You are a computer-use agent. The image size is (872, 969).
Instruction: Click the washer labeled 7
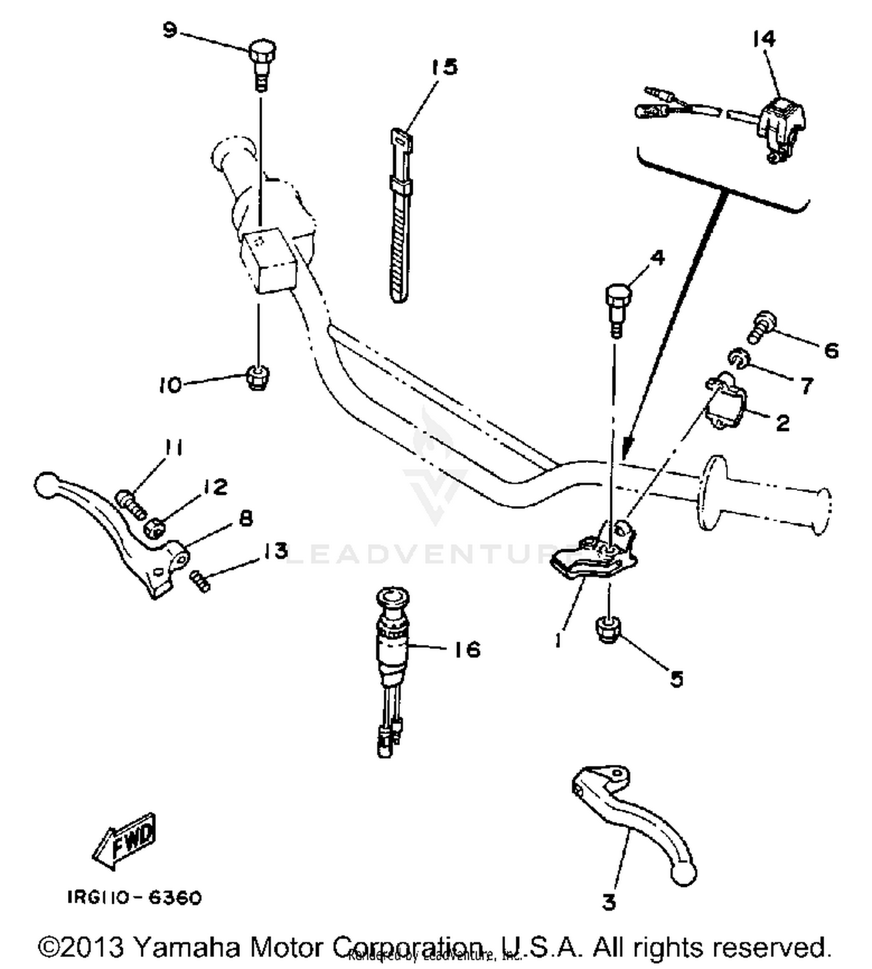coord(737,358)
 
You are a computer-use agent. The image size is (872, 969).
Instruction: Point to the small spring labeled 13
coord(199,581)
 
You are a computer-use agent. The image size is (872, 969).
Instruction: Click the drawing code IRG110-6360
coord(134,897)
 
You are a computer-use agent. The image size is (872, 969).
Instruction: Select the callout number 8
coord(246,518)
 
